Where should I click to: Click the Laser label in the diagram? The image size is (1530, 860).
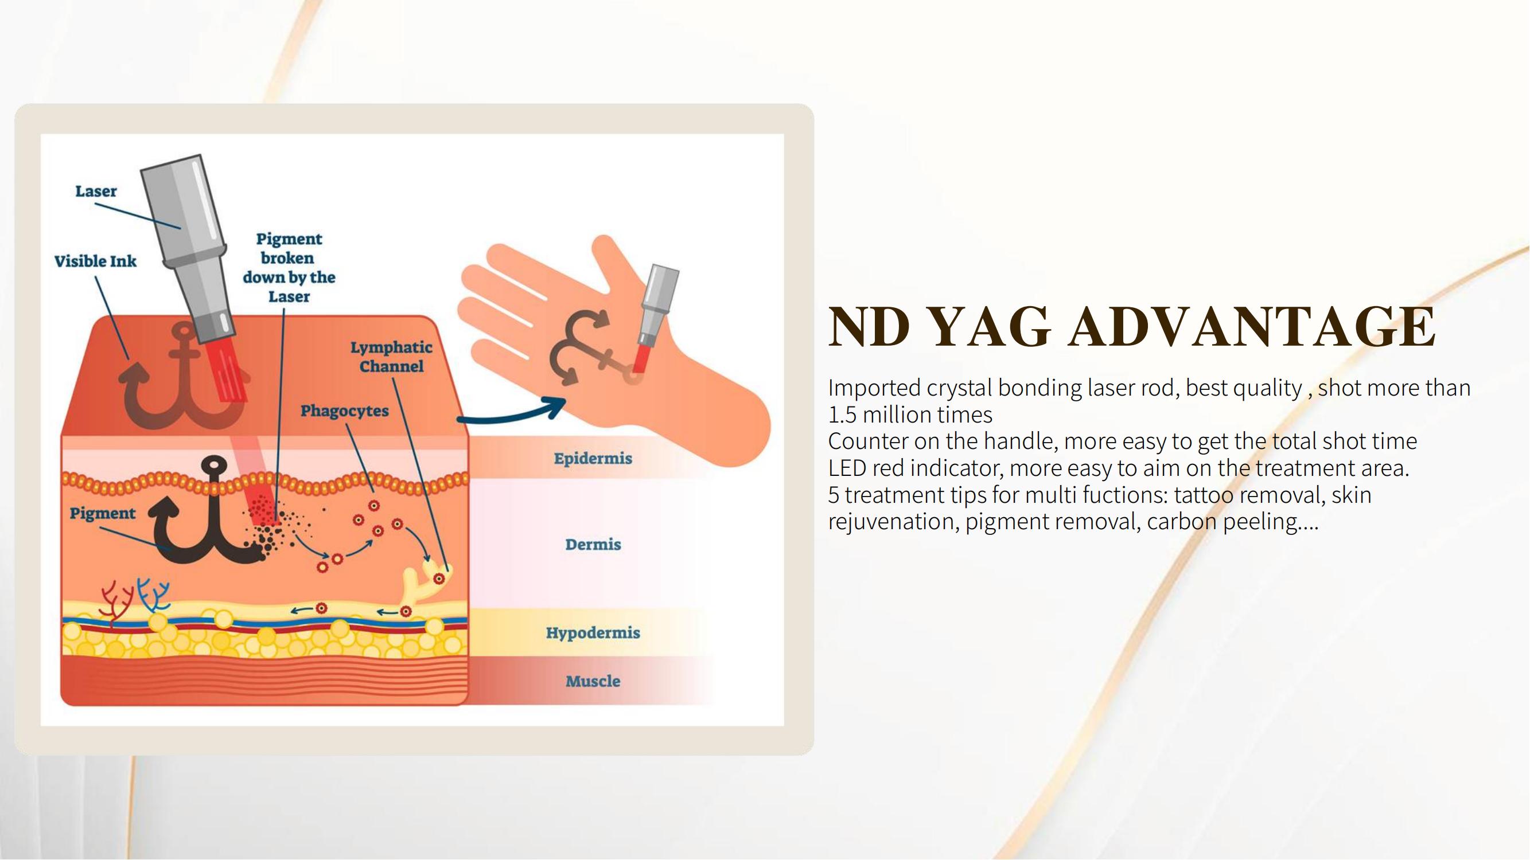pyautogui.click(x=96, y=191)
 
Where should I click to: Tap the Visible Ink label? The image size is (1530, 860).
pyautogui.click(x=95, y=261)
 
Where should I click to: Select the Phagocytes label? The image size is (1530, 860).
pyautogui.click(x=344, y=411)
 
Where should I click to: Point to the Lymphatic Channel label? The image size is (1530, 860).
pyautogui.click(x=391, y=357)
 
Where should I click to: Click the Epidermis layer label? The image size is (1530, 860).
pyautogui.click(x=593, y=458)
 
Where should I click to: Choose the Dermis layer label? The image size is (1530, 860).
pyautogui.click(x=593, y=544)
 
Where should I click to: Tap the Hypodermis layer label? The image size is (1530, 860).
pyautogui.click(x=593, y=633)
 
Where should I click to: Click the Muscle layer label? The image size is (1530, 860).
pyautogui.click(x=593, y=681)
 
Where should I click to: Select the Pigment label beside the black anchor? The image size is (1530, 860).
pyautogui.click(x=102, y=513)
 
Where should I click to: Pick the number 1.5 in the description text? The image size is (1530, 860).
pyautogui.click(x=842, y=415)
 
